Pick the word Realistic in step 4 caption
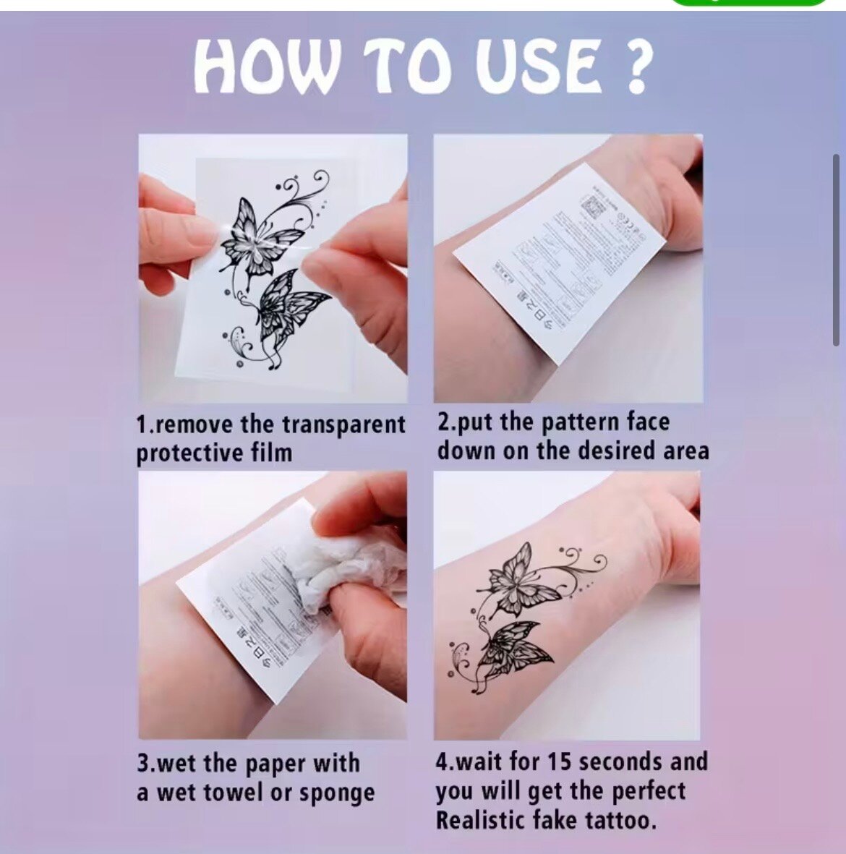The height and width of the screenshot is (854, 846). pyautogui.click(x=481, y=821)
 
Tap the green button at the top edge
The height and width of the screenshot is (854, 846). pyautogui.click(x=748, y=2)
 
